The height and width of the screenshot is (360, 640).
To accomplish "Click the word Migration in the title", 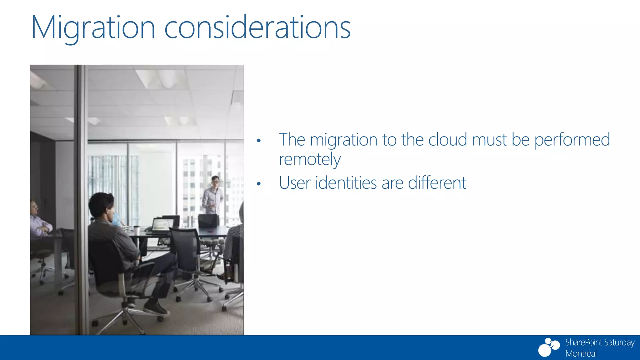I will click(93, 28).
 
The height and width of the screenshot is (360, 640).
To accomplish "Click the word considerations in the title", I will click(257, 28).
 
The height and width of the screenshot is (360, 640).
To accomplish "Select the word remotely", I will click(310, 160).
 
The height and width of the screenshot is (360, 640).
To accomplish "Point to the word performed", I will click(572, 140).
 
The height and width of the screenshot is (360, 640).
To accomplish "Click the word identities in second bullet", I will click(346, 183).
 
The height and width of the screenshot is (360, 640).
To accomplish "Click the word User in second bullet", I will click(294, 183).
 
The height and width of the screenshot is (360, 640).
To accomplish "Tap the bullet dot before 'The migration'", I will click(258, 141).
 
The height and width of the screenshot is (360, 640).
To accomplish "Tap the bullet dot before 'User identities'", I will click(258, 184).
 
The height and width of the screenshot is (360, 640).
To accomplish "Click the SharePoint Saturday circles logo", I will click(549, 347).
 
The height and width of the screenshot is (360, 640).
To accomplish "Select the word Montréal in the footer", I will click(581, 353).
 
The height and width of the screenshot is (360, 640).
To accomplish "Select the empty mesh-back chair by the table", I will click(186, 250).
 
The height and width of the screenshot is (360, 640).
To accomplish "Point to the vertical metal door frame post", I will click(82, 200).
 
